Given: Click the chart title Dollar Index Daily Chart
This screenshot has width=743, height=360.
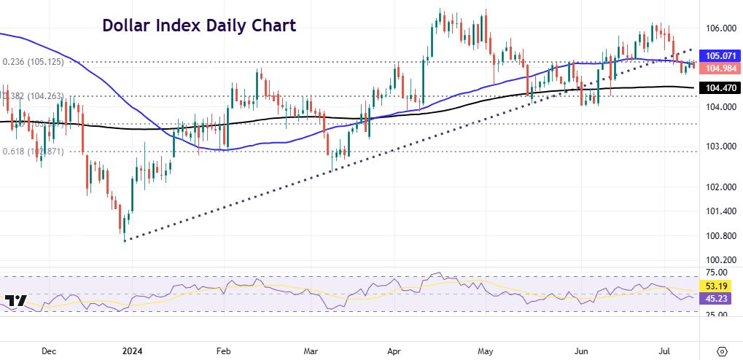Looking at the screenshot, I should point(198,26).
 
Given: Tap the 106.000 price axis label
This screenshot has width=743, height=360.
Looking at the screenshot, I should point(719,28).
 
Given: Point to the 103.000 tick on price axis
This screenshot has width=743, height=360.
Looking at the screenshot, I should point(719,146).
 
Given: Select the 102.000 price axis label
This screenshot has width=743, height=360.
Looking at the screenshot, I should point(719,187).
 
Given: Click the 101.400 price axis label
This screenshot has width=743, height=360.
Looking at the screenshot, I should point(719,211).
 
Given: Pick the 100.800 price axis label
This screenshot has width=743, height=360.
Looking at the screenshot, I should point(719,236).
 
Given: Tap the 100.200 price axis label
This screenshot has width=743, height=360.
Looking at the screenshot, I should point(719,260).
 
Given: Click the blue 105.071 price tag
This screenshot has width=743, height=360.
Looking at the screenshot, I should point(719,55).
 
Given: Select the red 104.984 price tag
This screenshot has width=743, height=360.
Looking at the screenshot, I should point(719,68).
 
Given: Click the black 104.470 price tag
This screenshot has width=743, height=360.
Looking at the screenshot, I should point(719,88).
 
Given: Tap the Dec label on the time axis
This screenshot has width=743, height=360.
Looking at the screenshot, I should point(49,351).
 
